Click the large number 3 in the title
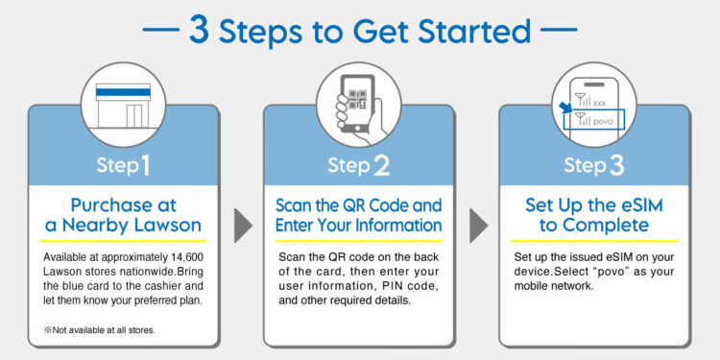pos(199,29)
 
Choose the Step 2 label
pos(359,165)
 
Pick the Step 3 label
pos(594,165)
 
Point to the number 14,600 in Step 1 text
pos(180,257)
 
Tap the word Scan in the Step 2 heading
pos(294,205)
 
